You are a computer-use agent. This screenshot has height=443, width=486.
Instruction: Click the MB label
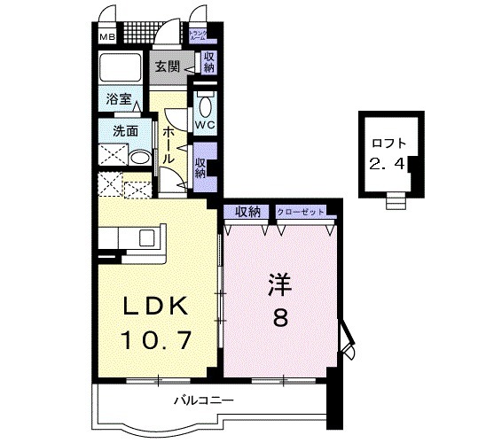106,38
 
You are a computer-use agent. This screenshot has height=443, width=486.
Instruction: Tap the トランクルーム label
199,36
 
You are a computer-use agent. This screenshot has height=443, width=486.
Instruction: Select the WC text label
205,126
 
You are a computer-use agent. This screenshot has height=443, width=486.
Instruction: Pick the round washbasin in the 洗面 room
138,158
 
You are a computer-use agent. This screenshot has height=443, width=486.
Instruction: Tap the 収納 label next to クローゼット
248,211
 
